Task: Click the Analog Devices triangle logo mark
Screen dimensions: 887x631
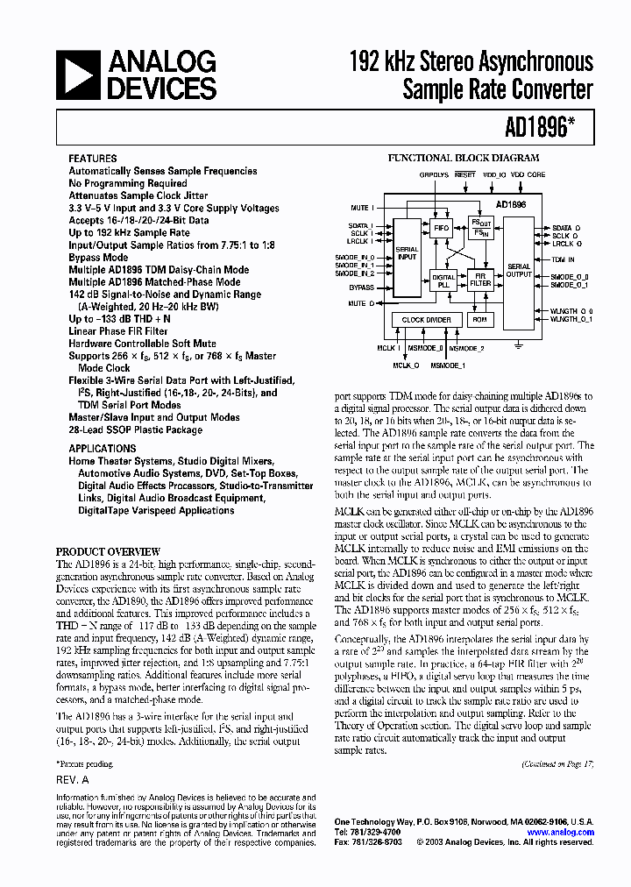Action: [x=78, y=75]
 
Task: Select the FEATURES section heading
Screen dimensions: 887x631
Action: [x=93, y=159]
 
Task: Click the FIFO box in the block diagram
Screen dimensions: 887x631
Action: [x=442, y=227]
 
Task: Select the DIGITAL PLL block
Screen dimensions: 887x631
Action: [x=443, y=281]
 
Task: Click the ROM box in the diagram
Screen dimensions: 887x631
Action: [x=479, y=320]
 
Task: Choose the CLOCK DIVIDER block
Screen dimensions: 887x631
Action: [x=426, y=320]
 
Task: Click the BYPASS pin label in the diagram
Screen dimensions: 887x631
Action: [x=360, y=287]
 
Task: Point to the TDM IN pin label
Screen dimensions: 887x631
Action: [x=564, y=260]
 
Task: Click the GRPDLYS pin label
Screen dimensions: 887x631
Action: [x=433, y=174]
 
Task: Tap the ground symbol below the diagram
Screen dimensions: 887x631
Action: [x=519, y=345]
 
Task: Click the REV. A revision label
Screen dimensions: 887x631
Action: [x=73, y=779]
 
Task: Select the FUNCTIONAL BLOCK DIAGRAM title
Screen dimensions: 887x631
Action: [x=464, y=158]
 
